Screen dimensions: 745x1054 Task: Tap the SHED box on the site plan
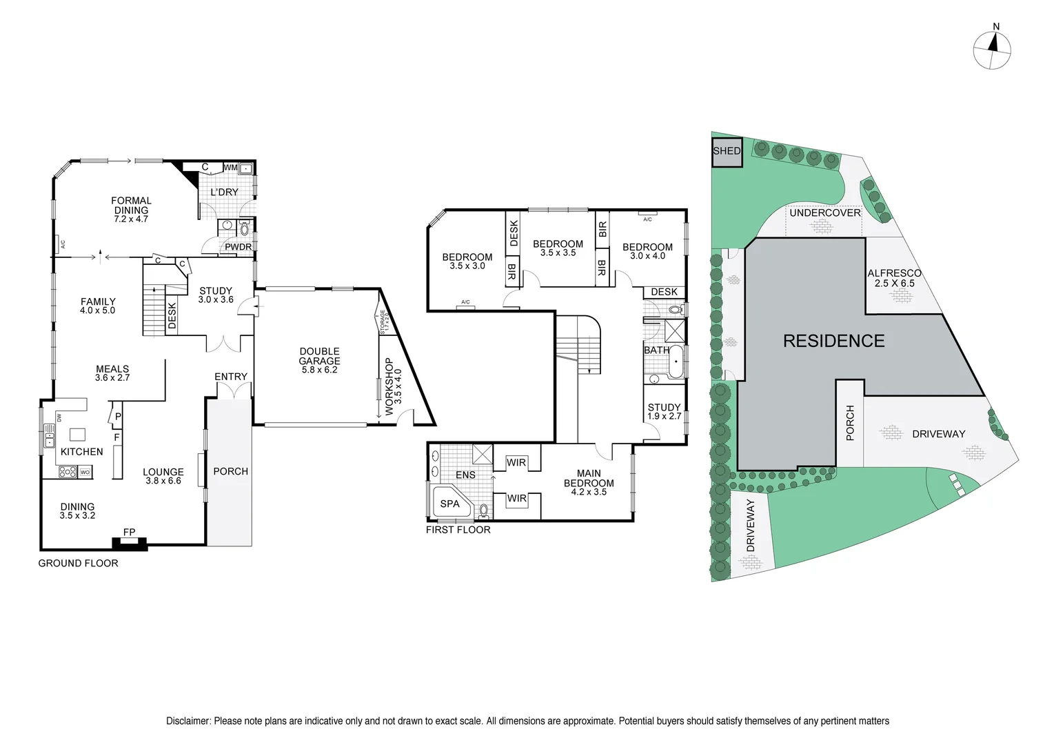[727, 152]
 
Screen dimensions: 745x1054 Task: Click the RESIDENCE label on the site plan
[833, 341]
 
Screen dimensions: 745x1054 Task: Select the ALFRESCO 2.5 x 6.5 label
[894, 278]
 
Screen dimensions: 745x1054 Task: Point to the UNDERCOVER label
[824, 212]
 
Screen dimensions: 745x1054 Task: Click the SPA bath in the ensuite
[449, 504]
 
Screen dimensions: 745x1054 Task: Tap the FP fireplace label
[129, 532]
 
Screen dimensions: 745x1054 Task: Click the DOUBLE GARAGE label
[319, 360]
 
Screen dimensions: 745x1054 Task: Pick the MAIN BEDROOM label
[589, 482]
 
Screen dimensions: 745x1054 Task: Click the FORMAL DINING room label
[131, 209]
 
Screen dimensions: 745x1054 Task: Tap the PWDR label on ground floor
[238, 247]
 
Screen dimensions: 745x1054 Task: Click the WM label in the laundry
[230, 168]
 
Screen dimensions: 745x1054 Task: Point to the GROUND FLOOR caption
[78, 563]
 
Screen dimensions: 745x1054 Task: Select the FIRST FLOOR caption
[458, 530]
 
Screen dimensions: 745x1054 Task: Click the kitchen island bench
[77, 434]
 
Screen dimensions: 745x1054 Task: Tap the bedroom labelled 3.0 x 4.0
[647, 251]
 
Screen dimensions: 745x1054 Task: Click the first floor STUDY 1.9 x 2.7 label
[664, 411]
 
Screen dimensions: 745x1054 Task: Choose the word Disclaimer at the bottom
[188, 721]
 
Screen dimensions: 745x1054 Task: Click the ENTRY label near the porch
[230, 377]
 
